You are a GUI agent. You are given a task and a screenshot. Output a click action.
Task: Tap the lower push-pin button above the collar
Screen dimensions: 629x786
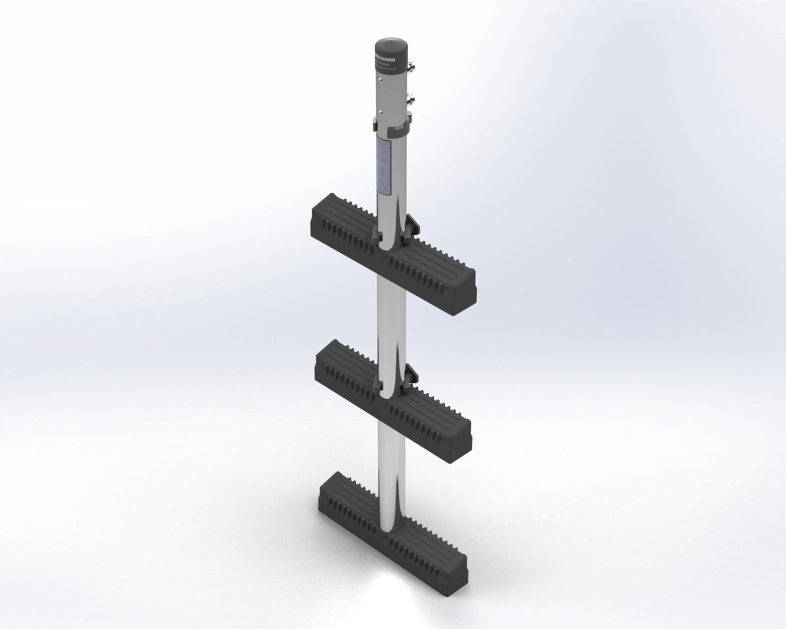(413, 100)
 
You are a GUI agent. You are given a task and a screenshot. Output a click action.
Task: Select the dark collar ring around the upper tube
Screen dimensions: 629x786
(392, 119)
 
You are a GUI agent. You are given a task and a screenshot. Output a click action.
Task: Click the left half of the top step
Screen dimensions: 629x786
(341, 226)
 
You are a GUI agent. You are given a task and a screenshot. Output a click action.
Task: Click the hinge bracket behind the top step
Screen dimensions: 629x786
(410, 226)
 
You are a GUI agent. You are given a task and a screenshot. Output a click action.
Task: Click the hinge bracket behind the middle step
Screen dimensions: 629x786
(409, 375)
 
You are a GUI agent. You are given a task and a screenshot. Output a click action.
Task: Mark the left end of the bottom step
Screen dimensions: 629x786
(322, 501)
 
